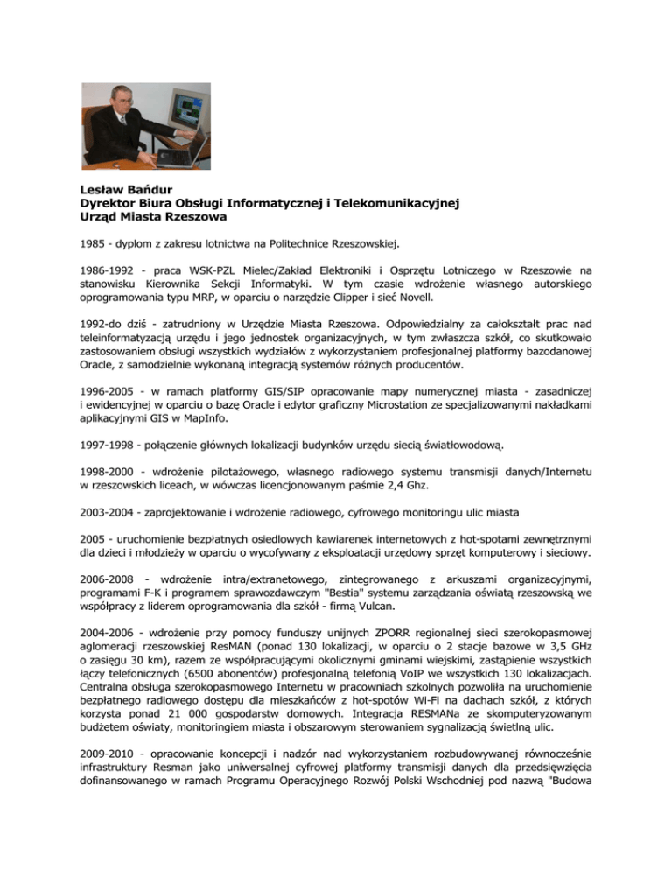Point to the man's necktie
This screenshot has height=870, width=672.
122,123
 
